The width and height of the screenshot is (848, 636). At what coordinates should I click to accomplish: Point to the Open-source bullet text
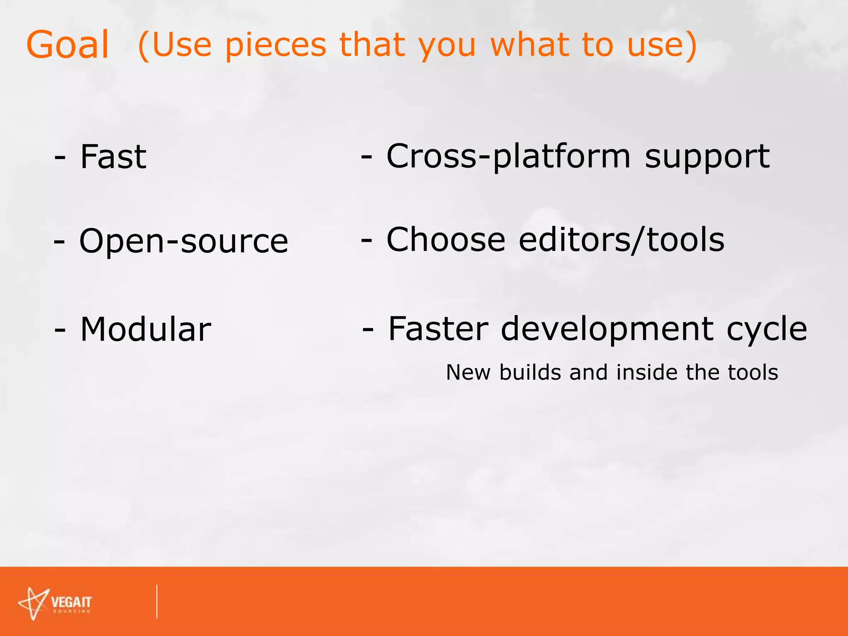click(x=183, y=241)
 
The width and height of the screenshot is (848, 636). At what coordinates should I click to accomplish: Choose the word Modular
click(x=145, y=330)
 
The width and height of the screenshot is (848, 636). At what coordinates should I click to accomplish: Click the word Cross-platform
click(x=508, y=157)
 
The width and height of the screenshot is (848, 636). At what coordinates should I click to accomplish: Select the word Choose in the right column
click(x=446, y=240)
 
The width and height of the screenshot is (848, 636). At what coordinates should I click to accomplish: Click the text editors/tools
click(x=621, y=240)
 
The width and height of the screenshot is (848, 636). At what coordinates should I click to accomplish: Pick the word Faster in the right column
click(x=438, y=329)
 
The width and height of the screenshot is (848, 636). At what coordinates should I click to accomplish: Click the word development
click(x=607, y=330)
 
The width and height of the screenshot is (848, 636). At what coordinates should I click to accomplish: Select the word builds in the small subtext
click(x=530, y=372)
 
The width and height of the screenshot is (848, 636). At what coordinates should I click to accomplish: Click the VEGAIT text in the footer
click(x=71, y=602)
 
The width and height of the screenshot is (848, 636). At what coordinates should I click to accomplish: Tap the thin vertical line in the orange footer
click(x=157, y=601)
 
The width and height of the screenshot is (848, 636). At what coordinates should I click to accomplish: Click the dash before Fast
click(x=60, y=158)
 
